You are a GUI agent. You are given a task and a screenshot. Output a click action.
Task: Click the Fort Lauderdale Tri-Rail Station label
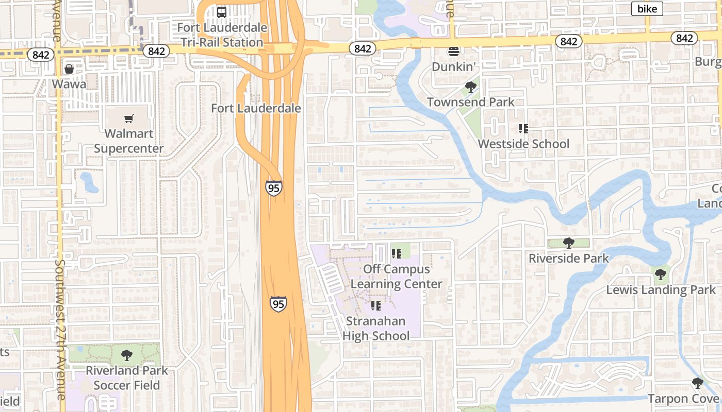[x=222, y=35]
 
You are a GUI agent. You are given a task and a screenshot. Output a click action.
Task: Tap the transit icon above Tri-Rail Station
[x=222, y=12]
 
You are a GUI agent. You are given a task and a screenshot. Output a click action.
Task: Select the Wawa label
[x=69, y=83]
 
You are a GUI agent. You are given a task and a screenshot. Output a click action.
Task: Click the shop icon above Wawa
[x=69, y=69]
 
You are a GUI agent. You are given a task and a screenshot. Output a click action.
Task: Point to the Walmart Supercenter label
[x=129, y=141]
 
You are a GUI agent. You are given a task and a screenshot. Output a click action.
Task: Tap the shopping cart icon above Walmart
[x=129, y=119]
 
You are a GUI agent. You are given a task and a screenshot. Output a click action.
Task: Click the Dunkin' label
[x=453, y=66]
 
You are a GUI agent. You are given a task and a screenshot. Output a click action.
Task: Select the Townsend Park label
[x=470, y=102]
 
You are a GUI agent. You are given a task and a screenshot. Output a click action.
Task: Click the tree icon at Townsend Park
[x=470, y=87]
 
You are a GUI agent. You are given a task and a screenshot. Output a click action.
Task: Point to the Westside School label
[x=523, y=144]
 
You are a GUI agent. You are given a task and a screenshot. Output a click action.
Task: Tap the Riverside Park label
[x=569, y=258]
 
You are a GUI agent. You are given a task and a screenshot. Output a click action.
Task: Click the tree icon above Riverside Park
[x=568, y=243]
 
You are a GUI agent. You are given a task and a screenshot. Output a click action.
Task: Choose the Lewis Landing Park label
[x=661, y=290]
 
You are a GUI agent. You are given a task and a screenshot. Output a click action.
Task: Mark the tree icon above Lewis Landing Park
[x=660, y=274]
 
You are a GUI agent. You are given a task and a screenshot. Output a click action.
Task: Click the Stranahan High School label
[x=376, y=329]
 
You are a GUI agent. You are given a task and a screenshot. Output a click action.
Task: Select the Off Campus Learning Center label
[x=397, y=277]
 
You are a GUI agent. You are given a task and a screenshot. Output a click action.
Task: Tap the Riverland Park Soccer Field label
[x=127, y=377]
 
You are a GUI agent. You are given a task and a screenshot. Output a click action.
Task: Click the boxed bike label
[x=647, y=8]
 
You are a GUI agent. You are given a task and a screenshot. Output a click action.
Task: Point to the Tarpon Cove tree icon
[x=697, y=383]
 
